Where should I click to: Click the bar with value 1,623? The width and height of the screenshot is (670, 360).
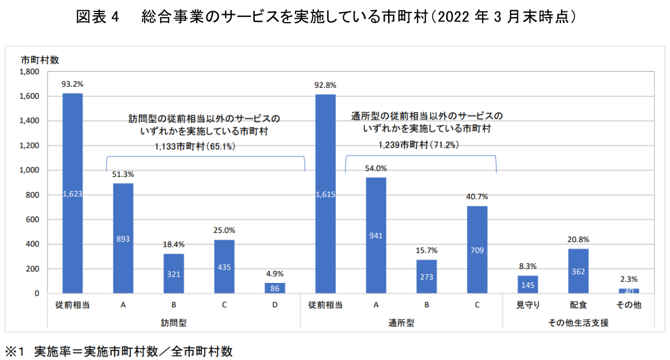(73, 193)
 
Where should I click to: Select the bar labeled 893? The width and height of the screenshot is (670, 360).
(123, 238)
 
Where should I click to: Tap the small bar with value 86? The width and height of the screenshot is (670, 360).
(275, 288)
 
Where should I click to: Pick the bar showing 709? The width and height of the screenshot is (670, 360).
(477, 249)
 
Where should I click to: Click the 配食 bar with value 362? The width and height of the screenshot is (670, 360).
(578, 271)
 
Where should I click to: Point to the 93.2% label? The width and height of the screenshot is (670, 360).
(73, 84)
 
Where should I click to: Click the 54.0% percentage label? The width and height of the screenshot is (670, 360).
(376, 168)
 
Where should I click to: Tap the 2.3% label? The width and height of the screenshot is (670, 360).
(629, 279)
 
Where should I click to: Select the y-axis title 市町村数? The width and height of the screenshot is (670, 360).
(40, 59)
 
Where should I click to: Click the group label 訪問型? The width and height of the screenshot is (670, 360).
(174, 323)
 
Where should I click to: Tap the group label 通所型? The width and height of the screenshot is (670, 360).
(401, 323)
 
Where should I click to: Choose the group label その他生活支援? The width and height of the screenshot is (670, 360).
(578, 323)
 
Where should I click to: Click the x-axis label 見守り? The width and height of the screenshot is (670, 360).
(528, 305)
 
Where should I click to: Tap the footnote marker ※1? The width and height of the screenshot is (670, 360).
(16, 351)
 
